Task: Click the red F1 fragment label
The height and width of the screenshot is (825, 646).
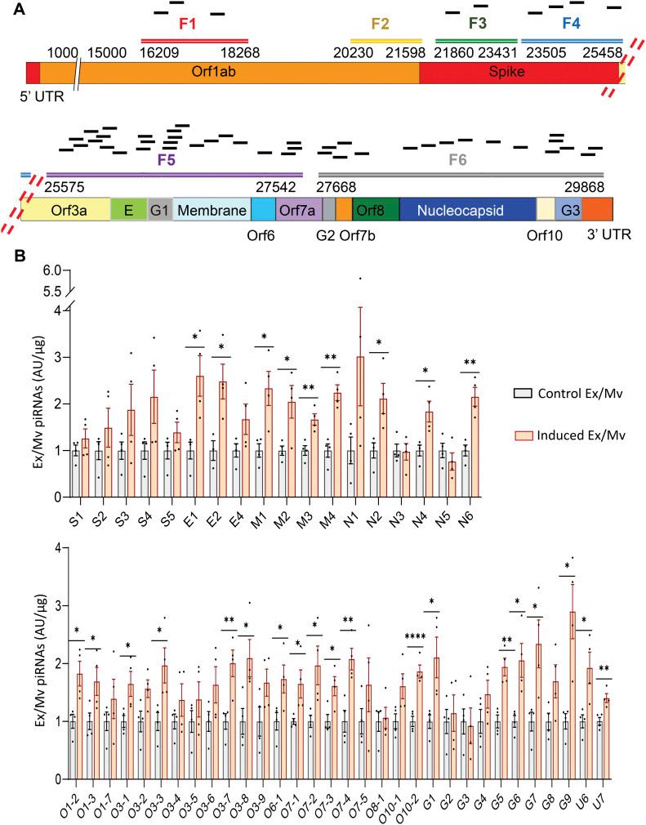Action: tap(188, 24)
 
